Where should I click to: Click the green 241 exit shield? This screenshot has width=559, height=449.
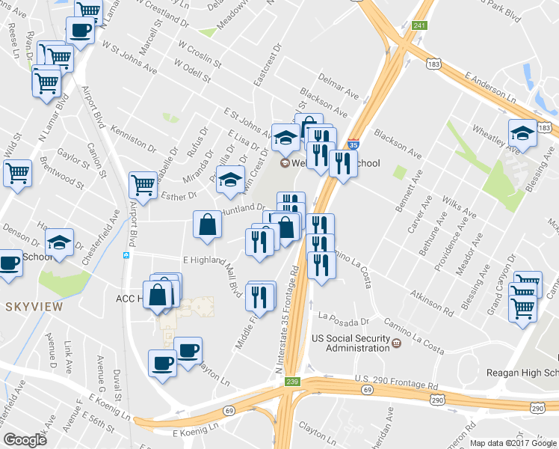click(x=420, y=26)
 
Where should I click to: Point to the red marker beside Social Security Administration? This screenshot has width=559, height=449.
click(x=397, y=343)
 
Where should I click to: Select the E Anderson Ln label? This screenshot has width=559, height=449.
click(x=490, y=88)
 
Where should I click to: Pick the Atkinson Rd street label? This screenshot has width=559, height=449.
click(x=432, y=302)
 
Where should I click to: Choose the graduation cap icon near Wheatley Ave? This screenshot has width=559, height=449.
click(x=522, y=133)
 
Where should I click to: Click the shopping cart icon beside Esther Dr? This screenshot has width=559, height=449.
click(x=142, y=183)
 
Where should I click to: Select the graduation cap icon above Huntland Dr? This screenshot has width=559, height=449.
click(x=231, y=179)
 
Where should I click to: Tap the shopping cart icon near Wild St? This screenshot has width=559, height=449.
click(x=16, y=172)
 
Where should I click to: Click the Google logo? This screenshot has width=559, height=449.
click(x=25, y=440)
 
